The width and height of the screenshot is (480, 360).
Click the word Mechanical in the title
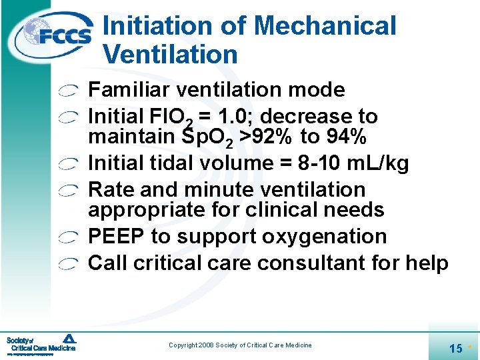(x=325, y=27)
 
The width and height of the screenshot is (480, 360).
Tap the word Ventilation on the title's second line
(x=170, y=55)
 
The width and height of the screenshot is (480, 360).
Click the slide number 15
(x=456, y=348)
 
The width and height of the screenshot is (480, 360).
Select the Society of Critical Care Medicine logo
(x=41, y=343)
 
